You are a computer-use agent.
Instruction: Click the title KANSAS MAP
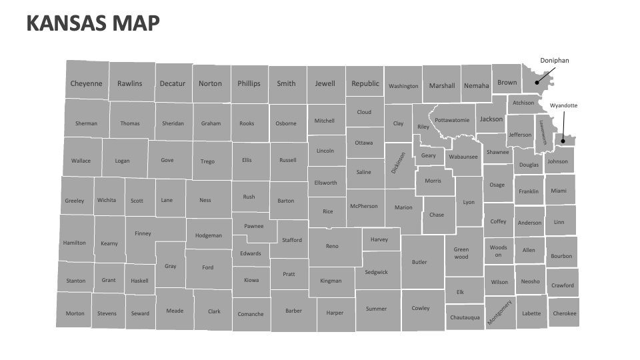point(93,23)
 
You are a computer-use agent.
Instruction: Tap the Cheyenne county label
point(87,84)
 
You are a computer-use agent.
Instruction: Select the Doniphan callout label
point(555,61)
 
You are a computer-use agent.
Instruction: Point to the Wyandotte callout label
point(563,105)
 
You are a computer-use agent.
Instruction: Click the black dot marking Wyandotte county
point(563,141)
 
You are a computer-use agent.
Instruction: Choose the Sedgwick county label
point(376,272)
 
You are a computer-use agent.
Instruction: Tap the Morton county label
point(75,313)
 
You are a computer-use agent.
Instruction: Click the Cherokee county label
point(565,313)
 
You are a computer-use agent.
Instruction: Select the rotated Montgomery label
point(499,312)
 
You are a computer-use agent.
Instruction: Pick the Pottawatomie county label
point(452,120)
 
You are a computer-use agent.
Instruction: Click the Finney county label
point(143,233)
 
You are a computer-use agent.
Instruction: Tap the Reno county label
point(332,246)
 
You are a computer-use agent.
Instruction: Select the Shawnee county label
point(497,152)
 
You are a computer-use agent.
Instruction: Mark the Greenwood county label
point(461,253)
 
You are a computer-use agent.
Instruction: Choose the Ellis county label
point(247,160)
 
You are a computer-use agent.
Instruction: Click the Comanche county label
point(251,314)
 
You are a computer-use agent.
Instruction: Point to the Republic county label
point(365,84)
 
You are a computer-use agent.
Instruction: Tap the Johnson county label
point(557,161)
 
